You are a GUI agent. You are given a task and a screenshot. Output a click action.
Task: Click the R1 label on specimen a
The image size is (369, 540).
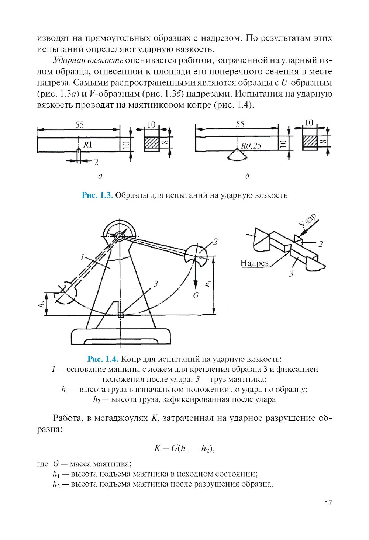(x=87, y=145)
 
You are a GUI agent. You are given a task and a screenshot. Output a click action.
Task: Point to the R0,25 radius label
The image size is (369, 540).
(x=251, y=146)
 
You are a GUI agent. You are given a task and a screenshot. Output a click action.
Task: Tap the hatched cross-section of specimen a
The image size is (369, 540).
(x=151, y=143)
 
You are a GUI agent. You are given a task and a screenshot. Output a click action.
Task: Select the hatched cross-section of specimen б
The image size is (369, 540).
(x=310, y=142)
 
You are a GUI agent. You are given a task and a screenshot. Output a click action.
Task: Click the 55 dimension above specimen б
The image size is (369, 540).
(x=240, y=124)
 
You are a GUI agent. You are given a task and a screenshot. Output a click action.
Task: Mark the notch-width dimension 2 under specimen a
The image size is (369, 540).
(x=96, y=162)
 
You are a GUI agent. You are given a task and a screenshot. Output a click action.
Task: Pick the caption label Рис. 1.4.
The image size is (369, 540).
(x=103, y=359)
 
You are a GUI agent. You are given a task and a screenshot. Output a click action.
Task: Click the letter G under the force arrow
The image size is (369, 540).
(x=196, y=295)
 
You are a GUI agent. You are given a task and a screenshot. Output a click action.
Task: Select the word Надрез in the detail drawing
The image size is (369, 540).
(x=254, y=263)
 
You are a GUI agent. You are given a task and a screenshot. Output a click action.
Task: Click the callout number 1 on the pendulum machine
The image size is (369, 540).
(x=83, y=257)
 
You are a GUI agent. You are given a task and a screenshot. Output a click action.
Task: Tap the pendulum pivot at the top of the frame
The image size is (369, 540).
(x=119, y=236)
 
